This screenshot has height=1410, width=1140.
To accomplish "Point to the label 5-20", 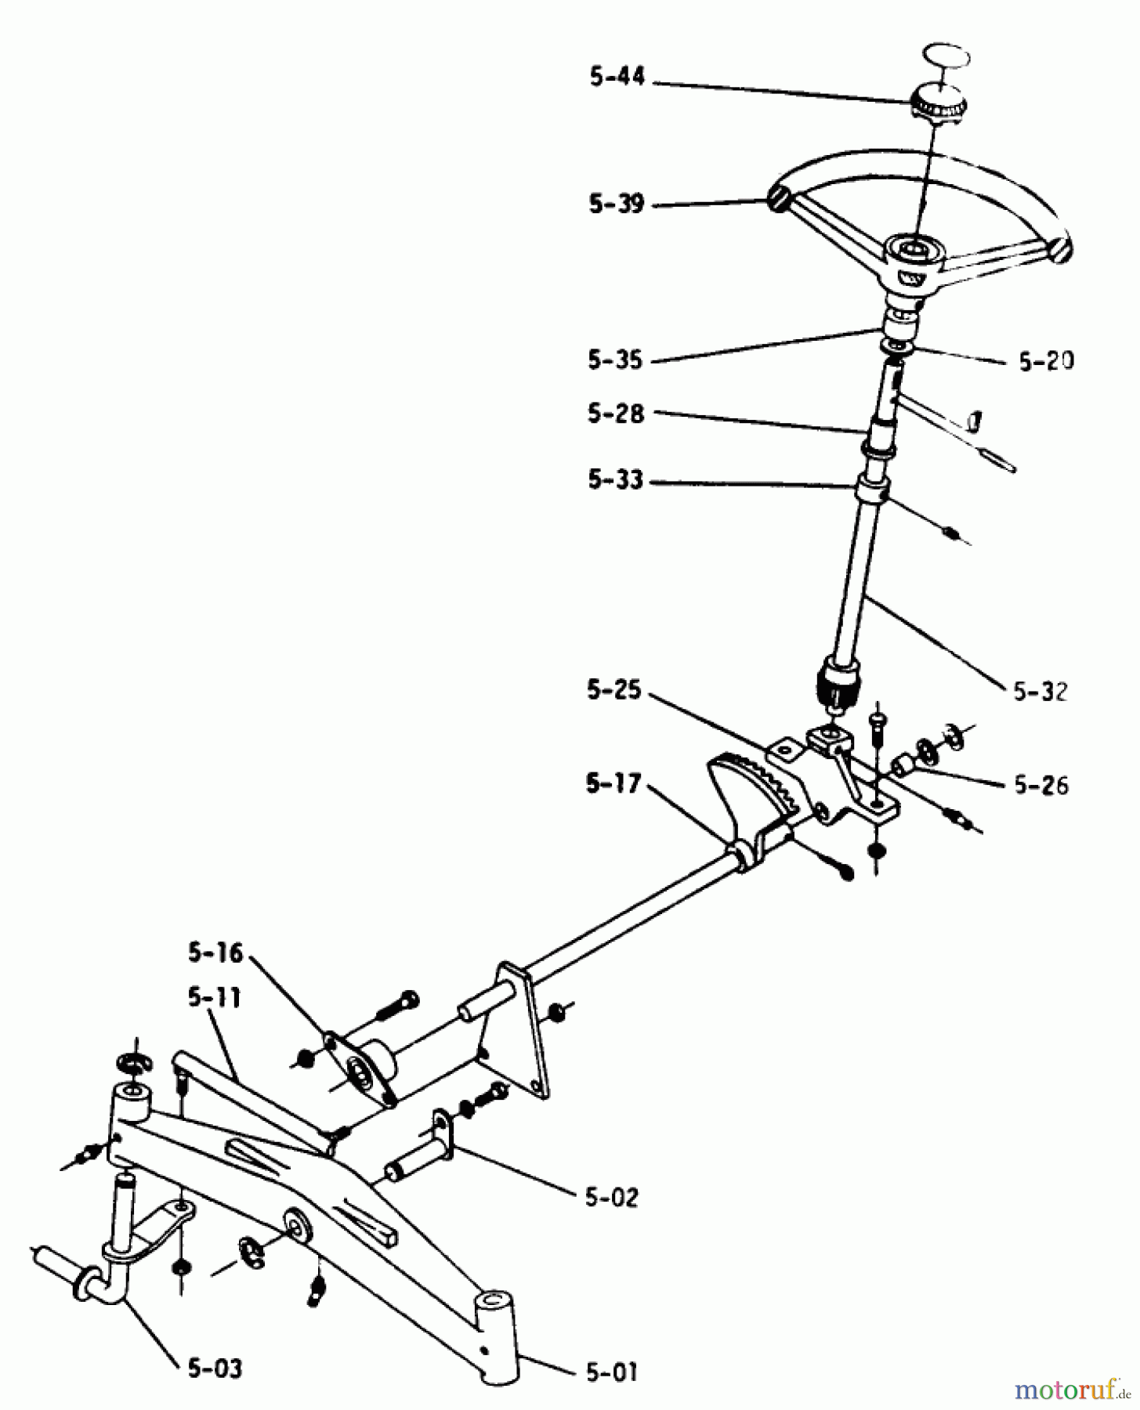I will pyautogui.click(x=1046, y=361).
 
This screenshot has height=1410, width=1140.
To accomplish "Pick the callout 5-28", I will pyautogui.click(x=615, y=414).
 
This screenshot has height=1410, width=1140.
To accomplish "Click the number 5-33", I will pyautogui.click(x=615, y=480).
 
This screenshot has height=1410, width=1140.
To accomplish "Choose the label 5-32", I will pyautogui.click(x=1040, y=692).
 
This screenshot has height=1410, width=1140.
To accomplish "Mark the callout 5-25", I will pyautogui.click(x=613, y=691).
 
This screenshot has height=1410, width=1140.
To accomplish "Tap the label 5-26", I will pyautogui.click(x=1041, y=785).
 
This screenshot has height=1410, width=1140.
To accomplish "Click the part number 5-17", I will pyautogui.click(x=613, y=783).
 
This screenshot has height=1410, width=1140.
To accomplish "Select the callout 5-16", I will pyautogui.click(x=215, y=953).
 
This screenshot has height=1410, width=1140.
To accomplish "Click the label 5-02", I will pyautogui.click(x=611, y=1198).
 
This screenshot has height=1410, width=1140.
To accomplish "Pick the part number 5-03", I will pyautogui.click(x=215, y=1368).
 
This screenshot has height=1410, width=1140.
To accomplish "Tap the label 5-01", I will pyautogui.click(x=610, y=1372).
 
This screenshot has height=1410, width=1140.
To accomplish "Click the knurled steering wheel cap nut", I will pyautogui.click(x=938, y=103).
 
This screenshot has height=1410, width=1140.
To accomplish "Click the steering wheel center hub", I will pyautogui.click(x=914, y=256).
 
